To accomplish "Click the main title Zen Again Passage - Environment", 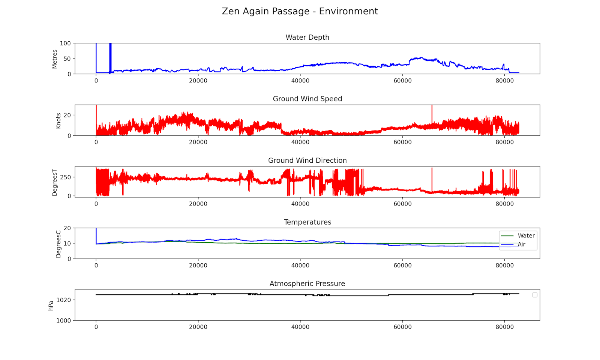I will point(300,11).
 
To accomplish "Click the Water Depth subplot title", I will point(307,37).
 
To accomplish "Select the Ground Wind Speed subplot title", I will point(307,99).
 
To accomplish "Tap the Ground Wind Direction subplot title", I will point(307,160).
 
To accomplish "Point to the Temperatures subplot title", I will point(307,222).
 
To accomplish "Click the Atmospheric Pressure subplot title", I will point(307,283).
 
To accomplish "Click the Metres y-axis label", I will point(55,59).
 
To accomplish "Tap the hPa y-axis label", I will point(51,305).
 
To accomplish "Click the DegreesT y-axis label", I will point(55,182).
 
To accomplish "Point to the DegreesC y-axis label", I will point(58,244).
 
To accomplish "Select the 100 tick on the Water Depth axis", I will point(65,43).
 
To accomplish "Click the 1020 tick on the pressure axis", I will point(63,300).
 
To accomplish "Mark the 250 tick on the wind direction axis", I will point(65,177).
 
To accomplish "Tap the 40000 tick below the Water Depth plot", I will point(300,81).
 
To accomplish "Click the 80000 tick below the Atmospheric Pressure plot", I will point(504,327).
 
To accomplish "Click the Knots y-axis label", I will point(58,121).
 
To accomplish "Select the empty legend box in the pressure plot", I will point(535,295).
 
